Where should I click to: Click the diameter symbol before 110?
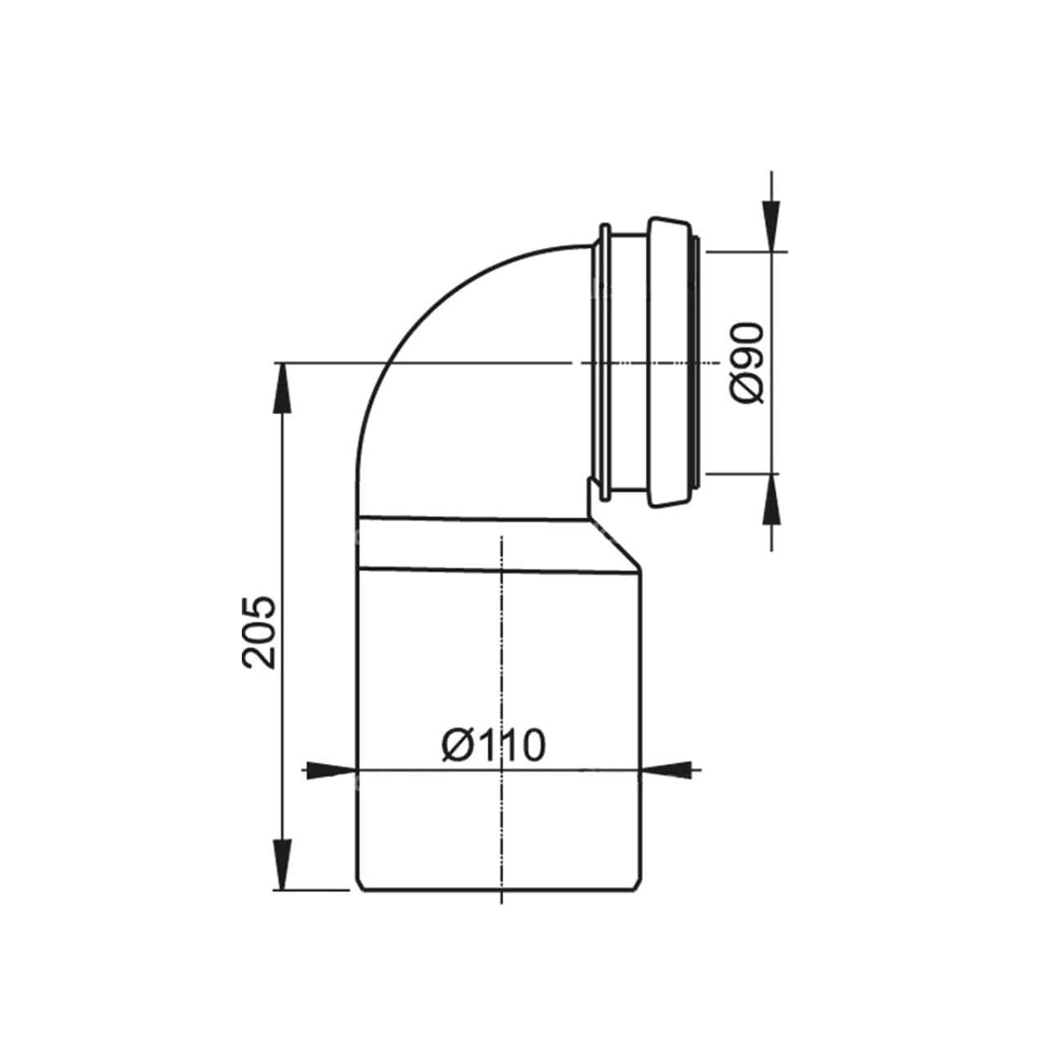(x=456, y=745)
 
